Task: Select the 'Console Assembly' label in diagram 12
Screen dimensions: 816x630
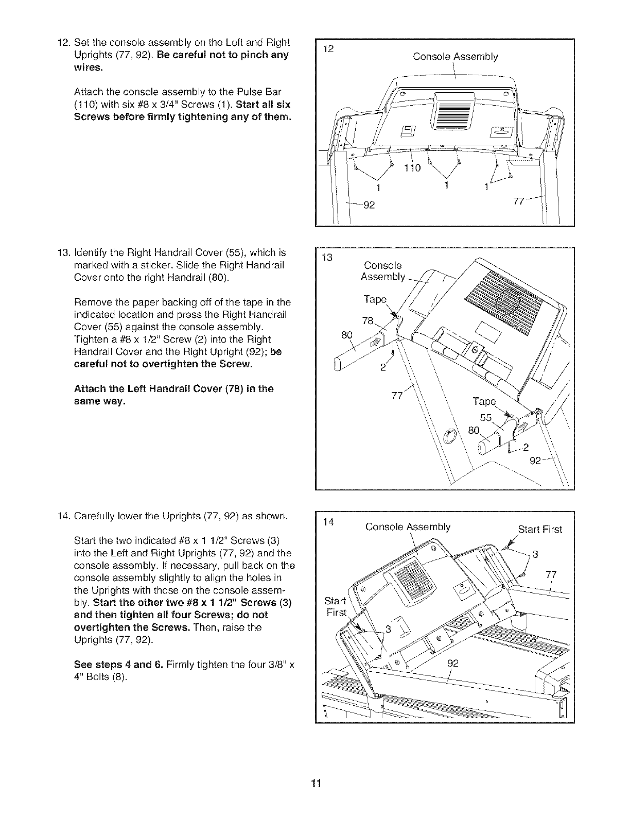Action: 456,57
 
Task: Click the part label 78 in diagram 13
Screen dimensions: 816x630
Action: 367,321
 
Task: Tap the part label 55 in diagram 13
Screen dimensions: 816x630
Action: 486,417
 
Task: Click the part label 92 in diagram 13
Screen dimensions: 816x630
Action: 536,461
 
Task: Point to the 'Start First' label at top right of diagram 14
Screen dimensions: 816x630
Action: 540,529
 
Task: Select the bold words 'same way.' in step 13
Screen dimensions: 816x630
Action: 100,401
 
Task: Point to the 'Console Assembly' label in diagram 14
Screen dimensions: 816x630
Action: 408,527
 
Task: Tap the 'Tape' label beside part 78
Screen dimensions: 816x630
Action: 375,300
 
